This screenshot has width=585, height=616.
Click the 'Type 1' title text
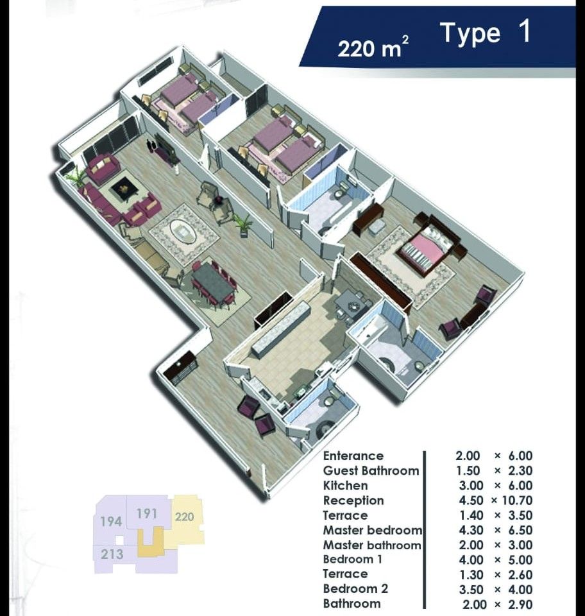486,33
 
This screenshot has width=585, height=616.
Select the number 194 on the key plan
111,521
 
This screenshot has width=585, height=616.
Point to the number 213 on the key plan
112,552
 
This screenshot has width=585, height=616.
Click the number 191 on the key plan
147,514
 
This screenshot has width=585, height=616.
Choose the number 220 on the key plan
184,516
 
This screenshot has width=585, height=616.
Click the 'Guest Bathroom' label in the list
371,471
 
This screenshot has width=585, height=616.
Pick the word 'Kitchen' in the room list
345,486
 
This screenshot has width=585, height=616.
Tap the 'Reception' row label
353,501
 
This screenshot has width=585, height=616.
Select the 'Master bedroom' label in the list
372,531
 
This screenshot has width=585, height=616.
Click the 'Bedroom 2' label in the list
355,589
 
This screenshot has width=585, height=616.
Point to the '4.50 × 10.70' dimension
493,501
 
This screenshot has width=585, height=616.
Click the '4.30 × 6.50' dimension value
493,531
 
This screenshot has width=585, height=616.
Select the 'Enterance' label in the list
353,456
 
